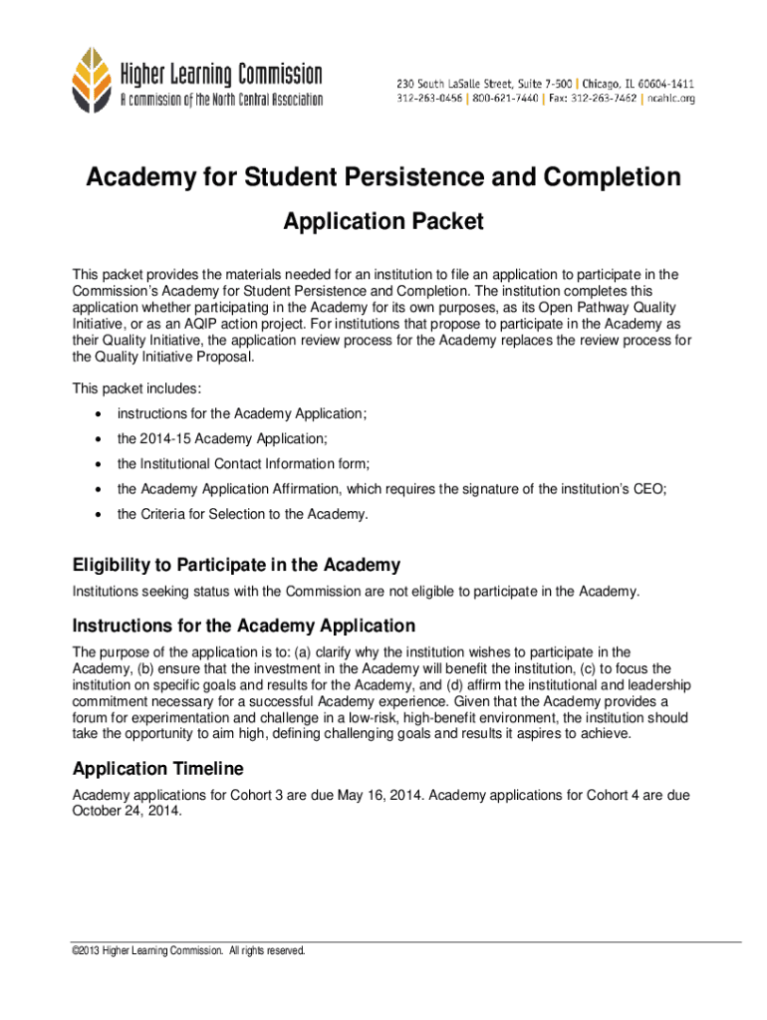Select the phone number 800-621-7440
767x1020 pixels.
[505, 99]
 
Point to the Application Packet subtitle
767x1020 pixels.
[383, 221]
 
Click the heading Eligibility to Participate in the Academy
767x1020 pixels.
[236, 566]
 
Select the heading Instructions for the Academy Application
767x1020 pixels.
[243, 626]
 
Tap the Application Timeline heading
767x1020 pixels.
[171, 769]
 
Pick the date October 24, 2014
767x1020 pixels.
[128, 811]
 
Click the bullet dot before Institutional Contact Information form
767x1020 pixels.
[97, 464]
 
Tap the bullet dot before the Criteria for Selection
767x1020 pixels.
[97, 515]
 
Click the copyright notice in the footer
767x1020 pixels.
[188, 951]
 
